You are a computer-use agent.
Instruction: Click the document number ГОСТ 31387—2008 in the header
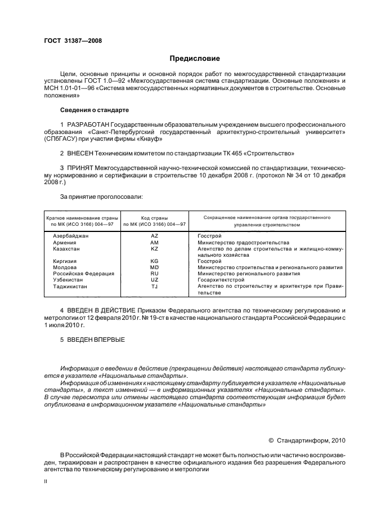click(x=72, y=40)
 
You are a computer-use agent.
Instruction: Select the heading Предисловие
click(x=194, y=59)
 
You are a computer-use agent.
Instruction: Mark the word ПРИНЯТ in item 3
click(x=83, y=168)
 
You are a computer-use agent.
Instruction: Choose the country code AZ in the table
click(x=155, y=236)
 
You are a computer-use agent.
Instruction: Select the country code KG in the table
click(x=155, y=261)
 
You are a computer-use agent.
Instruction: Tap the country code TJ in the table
click(x=155, y=286)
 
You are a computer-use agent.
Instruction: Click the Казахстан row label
click(x=66, y=248)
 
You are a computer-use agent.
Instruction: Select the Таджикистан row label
click(x=70, y=286)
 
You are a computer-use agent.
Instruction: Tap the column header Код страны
click(x=155, y=217)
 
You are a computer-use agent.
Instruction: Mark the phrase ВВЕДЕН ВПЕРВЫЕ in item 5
click(x=97, y=340)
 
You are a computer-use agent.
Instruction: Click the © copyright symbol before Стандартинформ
click(x=270, y=441)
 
